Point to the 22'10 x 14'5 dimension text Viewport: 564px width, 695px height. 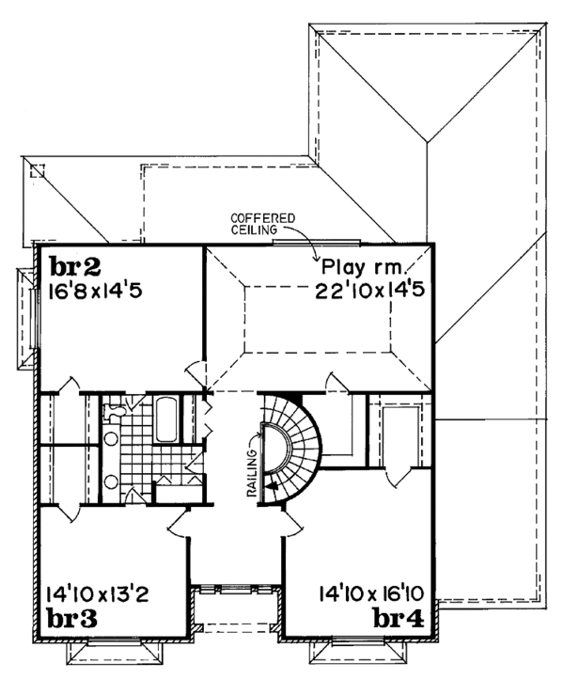click(374, 291)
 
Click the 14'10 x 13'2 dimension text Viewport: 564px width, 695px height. click(95, 594)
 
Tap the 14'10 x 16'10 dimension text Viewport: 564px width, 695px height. click(374, 594)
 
